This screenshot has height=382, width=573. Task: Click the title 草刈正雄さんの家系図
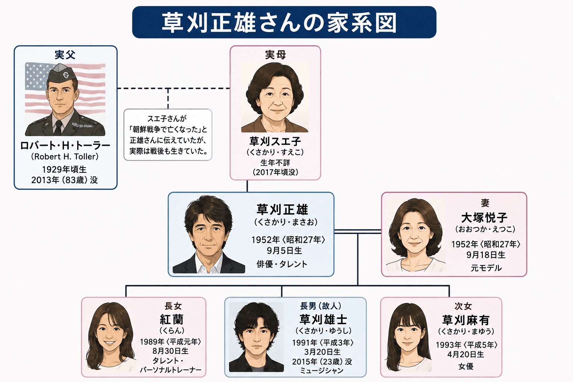[279, 22]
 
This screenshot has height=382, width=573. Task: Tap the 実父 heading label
[65, 55]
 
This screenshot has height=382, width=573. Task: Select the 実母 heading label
[275, 55]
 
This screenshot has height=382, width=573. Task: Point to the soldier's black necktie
[58, 128]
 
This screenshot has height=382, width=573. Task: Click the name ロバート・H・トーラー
[65, 145]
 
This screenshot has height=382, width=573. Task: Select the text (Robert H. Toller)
[65, 156]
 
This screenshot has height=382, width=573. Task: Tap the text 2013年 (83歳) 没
[65, 180]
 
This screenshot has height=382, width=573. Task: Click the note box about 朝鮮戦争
[168, 135]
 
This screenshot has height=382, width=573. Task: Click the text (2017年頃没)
[275, 172]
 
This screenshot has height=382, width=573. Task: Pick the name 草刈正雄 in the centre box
[282, 210]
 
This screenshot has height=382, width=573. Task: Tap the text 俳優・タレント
[282, 264]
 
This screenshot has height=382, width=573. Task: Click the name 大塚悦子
[484, 218]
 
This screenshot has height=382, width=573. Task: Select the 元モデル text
[486, 268]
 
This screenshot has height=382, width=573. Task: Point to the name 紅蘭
[172, 319]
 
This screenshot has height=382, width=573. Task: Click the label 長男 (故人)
[320, 306]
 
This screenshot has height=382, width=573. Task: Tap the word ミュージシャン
[322, 370]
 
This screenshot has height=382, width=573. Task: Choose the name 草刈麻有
[466, 320]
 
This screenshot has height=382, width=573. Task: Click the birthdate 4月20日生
[466, 354]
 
